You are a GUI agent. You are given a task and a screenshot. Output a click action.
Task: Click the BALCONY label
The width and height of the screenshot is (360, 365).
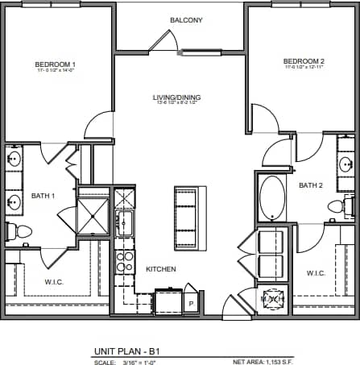pyautogui.click(x=186, y=20)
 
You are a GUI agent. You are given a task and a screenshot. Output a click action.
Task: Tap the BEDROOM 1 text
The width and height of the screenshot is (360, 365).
pyautogui.click(x=55, y=64)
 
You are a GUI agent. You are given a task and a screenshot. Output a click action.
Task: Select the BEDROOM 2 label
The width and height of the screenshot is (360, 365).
pyautogui.click(x=304, y=61)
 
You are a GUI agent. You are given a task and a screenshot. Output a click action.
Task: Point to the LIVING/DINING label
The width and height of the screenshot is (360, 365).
pyautogui.click(x=176, y=98)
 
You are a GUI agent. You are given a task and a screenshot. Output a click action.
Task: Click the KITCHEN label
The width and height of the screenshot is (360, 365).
pyautogui.click(x=160, y=269)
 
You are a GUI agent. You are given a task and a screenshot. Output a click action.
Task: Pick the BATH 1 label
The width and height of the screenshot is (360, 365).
pyautogui.click(x=43, y=196)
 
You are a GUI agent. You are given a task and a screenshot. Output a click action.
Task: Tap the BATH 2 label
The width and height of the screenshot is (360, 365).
pyautogui.click(x=310, y=185)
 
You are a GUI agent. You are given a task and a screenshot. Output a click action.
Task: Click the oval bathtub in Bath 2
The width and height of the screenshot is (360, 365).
pyautogui.click(x=271, y=198)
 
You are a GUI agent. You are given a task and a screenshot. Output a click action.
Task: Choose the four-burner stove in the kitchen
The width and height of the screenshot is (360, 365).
pyautogui.click(x=125, y=260)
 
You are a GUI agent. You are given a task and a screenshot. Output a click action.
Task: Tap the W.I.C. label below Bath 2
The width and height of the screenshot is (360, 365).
pyautogui.click(x=316, y=273)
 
